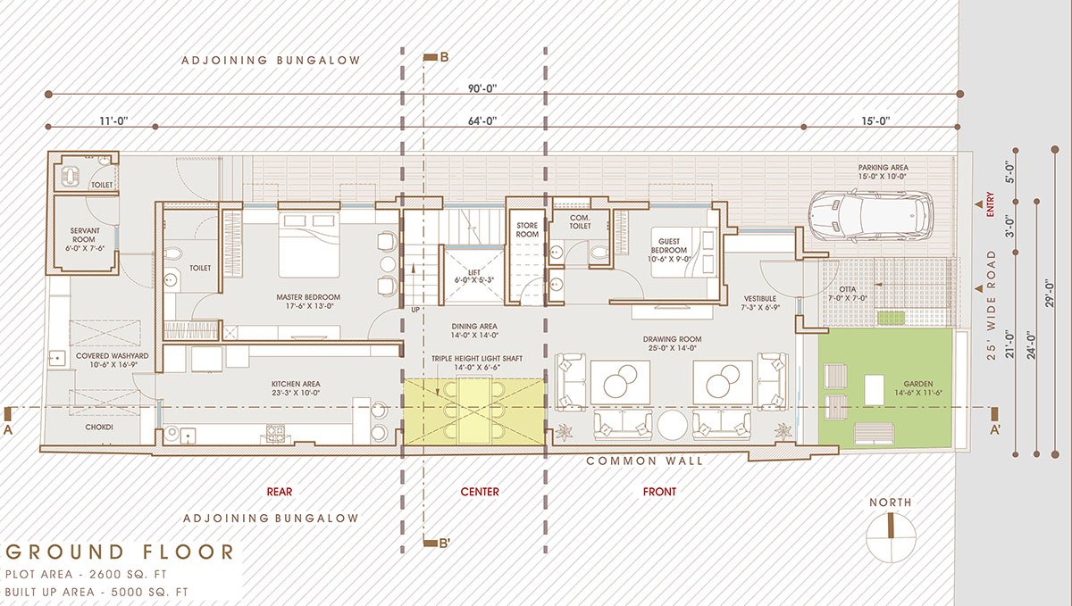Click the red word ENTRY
[x=991, y=204]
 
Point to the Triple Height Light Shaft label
[x=476, y=361]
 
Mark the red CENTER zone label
[x=480, y=492]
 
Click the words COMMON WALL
[x=644, y=461]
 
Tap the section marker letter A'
[x=995, y=428]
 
